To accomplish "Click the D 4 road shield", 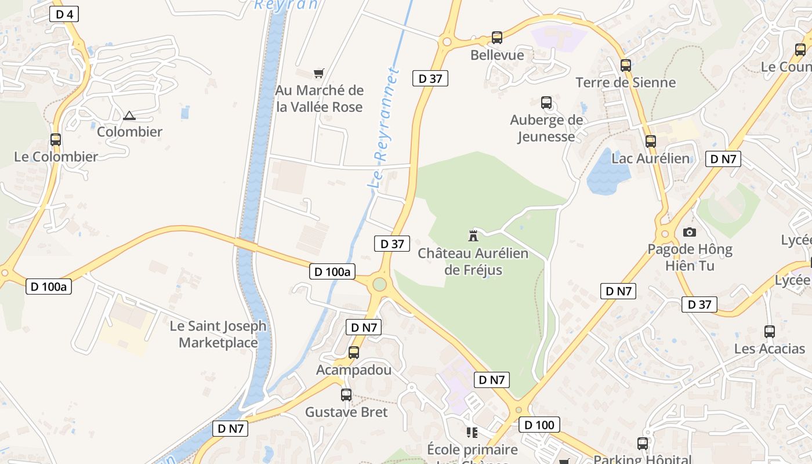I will [64, 14].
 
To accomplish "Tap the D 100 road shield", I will [539, 425].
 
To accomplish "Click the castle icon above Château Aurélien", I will [473, 235].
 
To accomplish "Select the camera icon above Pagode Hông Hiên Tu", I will [689, 232].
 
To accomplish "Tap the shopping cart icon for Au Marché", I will [318, 73].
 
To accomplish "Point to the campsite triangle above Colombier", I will [129, 115].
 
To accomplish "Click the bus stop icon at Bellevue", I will [497, 38].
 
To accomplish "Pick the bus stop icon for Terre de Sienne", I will [625, 66].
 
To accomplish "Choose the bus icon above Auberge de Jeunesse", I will [546, 103].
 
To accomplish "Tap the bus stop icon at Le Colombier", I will [56, 140].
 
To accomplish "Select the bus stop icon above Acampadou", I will [354, 352].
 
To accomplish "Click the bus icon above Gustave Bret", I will [346, 395].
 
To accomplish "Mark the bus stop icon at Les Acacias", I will [770, 332].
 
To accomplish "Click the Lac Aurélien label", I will [651, 158].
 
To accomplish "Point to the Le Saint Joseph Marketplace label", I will [218, 334].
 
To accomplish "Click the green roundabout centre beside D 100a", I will [379, 284].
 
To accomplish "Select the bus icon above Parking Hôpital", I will [643, 444].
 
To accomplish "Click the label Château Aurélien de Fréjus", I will [473, 262].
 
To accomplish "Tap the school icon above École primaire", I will [472, 433].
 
